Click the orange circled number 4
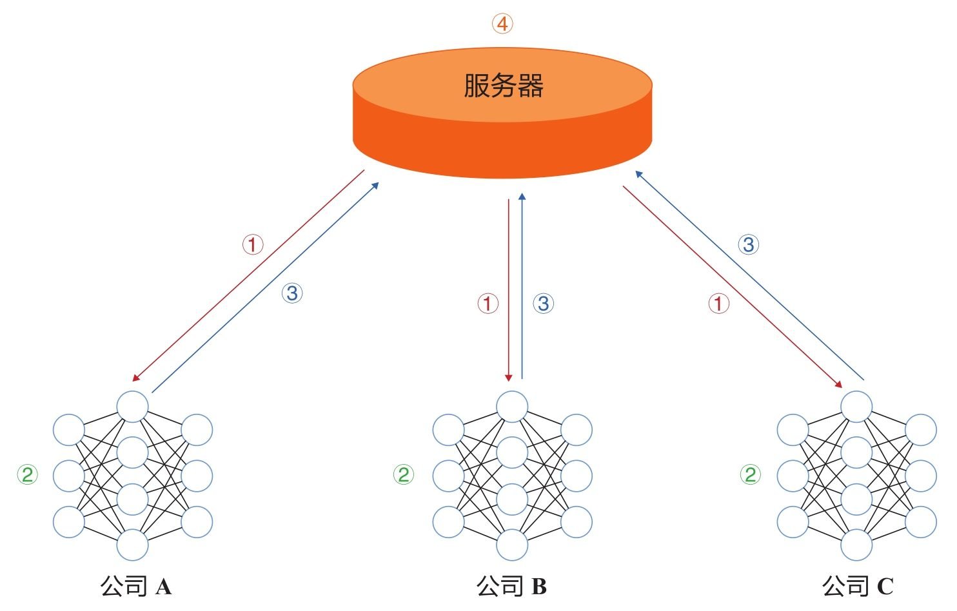tap(502, 24)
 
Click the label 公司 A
tap(136, 586)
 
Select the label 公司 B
tap(512, 586)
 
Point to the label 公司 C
tap(858, 586)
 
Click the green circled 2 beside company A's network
tap(27, 475)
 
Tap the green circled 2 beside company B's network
tap(404, 475)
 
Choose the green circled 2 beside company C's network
tap(751, 475)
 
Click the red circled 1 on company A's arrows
tap(253, 245)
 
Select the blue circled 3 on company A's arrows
tap(292, 293)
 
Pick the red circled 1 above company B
tap(488, 304)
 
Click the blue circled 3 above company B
tap(544, 304)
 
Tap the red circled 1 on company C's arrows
tap(719, 304)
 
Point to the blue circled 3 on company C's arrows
tap(749, 245)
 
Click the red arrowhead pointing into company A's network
tap(135, 378)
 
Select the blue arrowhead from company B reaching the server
tap(522, 197)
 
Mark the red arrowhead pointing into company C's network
tap(838, 384)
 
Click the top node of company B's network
tap(512, 407)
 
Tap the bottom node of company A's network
tap(132, 545)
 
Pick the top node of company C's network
tap(856, 407)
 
